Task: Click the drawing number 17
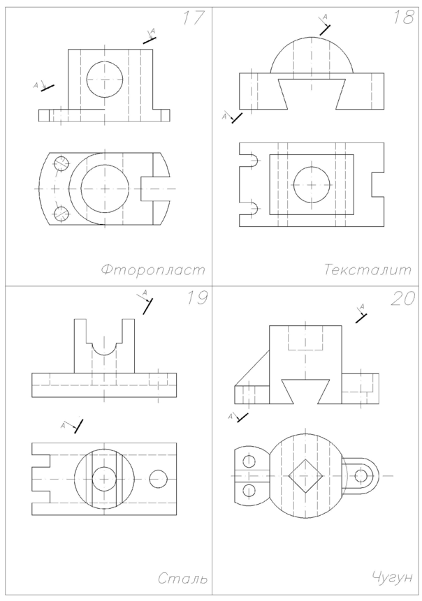point(194,17)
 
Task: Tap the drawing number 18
point(403,17)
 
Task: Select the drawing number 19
point(197,298)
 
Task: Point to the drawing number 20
point(403,298)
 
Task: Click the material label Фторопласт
point(154,269)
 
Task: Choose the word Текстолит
point(368,269)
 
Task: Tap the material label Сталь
point(182,578)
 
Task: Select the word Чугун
point(392,577)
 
